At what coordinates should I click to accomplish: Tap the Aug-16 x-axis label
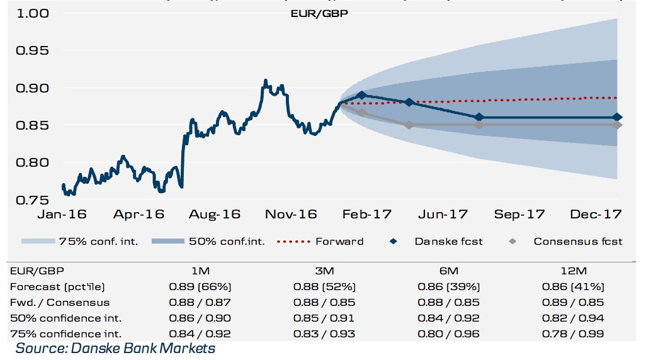(215, 215)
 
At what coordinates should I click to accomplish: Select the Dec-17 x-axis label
(596, 215)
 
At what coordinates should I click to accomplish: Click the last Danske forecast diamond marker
(617, 117)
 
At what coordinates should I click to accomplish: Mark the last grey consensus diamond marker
(617, 125)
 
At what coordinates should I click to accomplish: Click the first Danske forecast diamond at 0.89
(361, 96)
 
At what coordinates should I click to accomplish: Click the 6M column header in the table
(450, 271)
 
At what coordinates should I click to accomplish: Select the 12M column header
(574, 271)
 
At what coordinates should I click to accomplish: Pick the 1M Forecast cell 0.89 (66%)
(200, 286)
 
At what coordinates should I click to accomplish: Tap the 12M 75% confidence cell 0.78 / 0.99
(574, 334)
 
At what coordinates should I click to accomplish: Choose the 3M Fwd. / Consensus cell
(325, 302)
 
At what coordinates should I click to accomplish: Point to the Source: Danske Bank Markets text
(115, 348)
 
